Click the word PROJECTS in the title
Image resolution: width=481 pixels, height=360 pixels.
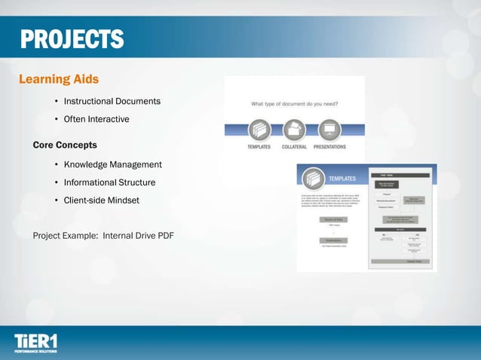tap(72, 38)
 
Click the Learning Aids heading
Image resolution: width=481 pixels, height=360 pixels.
tap(58, 78)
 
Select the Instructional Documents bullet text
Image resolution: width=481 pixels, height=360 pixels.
tap(112, 101)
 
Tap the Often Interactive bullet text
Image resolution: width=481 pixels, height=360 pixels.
tap(97, 119)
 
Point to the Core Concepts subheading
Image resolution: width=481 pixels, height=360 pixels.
tap(65, 144)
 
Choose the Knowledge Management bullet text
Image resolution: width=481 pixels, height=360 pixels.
tap(112, 164)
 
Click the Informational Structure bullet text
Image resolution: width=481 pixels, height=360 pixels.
tap(109, 182)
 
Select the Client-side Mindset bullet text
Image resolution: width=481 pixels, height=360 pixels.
tap(101, 200)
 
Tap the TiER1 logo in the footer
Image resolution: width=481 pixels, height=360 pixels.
tap(35, 343)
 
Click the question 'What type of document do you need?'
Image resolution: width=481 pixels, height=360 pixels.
tap(295, 104)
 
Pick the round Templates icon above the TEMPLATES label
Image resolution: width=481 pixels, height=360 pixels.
tap(259, 130)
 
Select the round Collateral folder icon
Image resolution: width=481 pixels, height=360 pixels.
tap(294, 130)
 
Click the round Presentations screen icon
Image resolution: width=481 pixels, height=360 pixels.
tap(329, 130)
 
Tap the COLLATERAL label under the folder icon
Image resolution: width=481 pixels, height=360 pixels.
tap(294, 147)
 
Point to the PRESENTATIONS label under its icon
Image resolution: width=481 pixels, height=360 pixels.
tap(329, 147)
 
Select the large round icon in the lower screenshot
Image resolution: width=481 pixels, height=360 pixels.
tap(313, 179)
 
